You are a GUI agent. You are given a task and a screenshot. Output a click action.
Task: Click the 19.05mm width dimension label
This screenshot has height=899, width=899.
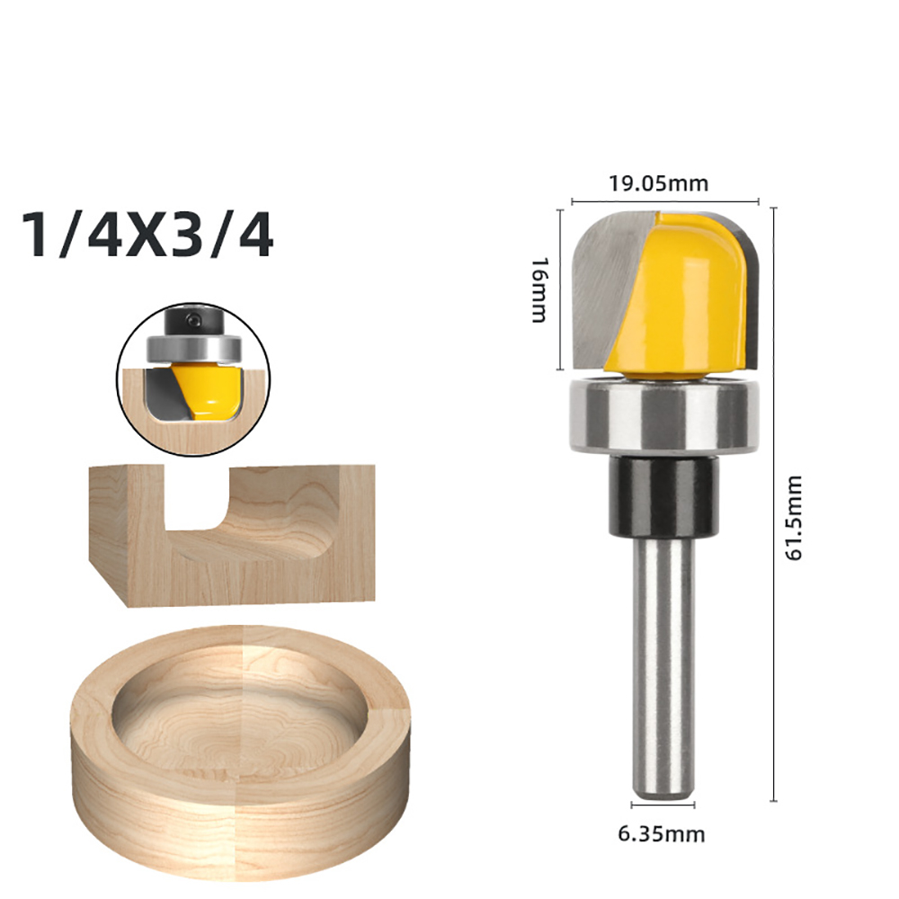tap(658, 184)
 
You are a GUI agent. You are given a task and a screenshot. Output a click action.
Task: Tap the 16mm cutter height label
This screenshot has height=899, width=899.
tap(539, 289)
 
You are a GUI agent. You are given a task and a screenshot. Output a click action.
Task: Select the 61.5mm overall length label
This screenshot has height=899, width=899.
tap(793, 518)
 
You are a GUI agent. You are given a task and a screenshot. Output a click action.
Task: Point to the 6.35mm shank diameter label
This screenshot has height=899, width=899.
tap(661, 833)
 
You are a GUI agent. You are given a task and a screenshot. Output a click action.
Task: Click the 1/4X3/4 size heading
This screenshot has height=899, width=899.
tap(147, 236)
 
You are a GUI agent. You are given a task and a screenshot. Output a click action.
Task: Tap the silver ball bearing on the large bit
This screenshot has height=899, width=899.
tap(665, 415)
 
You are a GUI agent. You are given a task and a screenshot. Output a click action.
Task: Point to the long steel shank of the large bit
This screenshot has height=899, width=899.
tap(663, 669)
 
